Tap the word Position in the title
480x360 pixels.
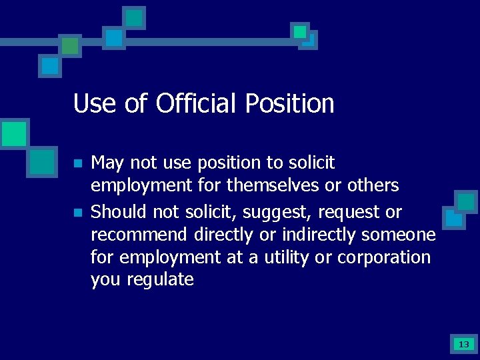click(289, 104)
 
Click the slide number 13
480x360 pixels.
click(463, 345)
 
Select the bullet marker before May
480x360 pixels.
click(77, 163)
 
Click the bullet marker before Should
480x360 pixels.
click(77, 213)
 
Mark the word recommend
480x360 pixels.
click(139, 235)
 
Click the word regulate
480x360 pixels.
click(159, 280)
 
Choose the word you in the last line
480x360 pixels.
click(105, 280)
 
